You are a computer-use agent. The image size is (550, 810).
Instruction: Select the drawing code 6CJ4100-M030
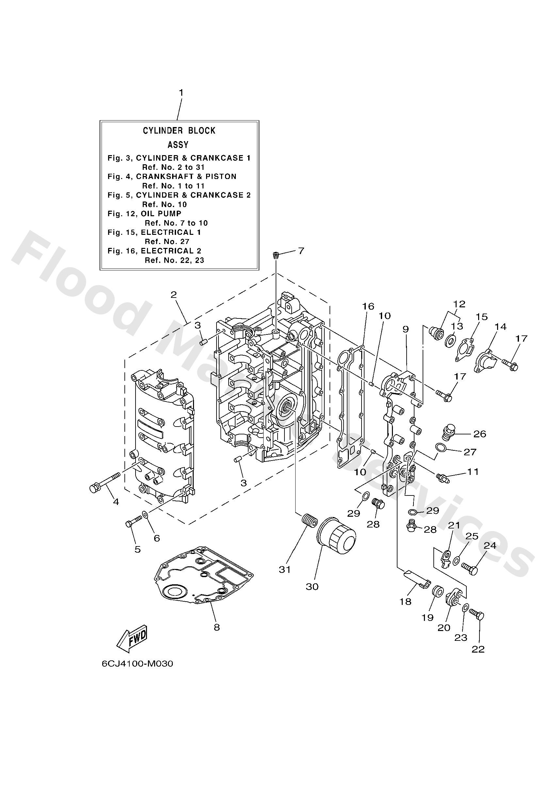(x=137, y=664)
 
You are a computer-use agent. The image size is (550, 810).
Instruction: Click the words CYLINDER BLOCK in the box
(x=179, y=131)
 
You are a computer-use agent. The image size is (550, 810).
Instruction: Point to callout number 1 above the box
(x=181, y=93)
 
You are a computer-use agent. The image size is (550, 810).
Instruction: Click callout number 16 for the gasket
(x=368, y=306)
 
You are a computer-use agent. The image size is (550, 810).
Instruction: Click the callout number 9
(x=406, y=329)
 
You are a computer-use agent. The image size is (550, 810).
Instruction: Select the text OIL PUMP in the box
(x=161, y=214)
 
